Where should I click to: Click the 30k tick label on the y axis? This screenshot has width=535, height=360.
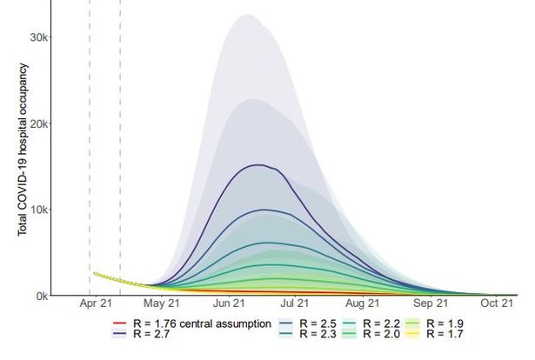click(x=39, y=37)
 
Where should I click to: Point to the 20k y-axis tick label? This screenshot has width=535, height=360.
click(x=39, y=123)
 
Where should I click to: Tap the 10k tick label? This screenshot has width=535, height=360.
click(x=39, y=210)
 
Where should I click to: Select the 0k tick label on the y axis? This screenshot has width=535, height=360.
click(x=42, y=296)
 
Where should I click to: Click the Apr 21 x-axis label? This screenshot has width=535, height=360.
click(x=96, y=303)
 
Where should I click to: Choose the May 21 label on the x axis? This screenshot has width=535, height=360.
click(x=162, y=303)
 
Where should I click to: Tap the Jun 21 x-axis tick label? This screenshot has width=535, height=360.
click(x=229, y=303)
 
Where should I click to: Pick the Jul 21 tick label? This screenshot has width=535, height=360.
click(x=294, y=303)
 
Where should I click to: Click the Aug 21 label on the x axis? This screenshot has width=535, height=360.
click(x=363, y=303)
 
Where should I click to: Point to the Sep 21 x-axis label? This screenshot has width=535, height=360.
click(x=431, y=303)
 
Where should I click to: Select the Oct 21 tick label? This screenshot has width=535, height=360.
click(x=497, y=303)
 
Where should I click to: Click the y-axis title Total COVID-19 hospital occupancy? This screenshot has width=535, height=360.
click(x=23, y=150)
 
